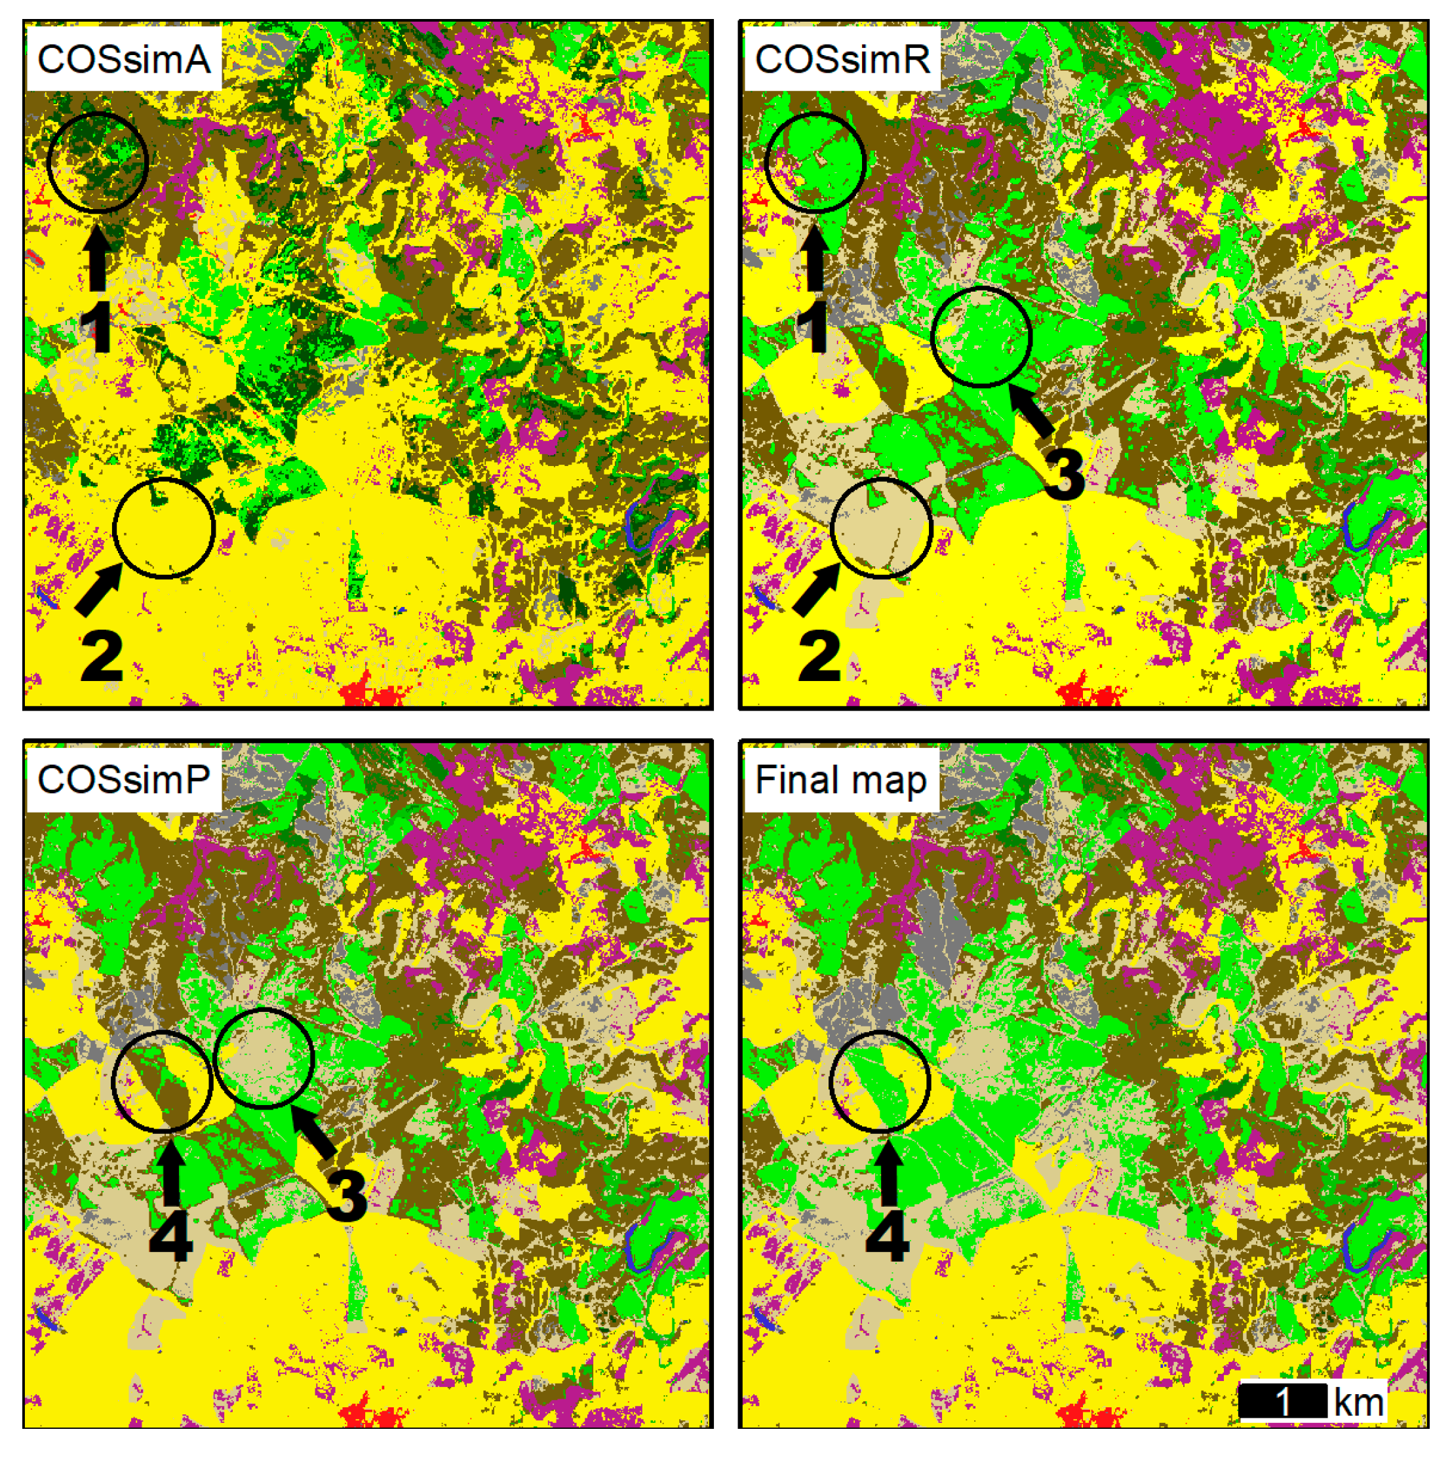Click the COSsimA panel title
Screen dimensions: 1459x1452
[x=123, y=60]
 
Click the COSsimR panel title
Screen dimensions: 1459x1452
[x=842, y=60]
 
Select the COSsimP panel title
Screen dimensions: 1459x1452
[x=123, y=779]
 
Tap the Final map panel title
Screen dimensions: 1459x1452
[x=841, y=781]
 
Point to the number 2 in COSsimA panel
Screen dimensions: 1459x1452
[x=101, y=655]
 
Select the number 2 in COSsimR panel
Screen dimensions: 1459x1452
[x=819, y=655]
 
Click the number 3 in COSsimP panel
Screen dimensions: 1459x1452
[x=347, y=1196]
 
